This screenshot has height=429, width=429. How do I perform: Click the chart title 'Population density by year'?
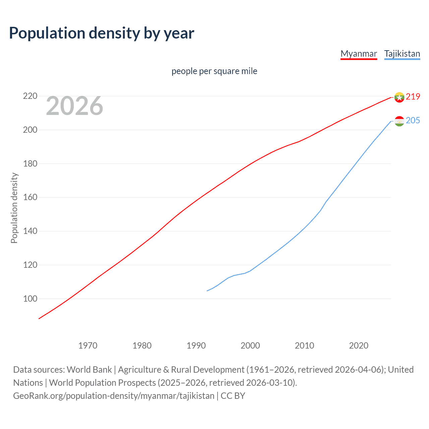click(x=102, y=33)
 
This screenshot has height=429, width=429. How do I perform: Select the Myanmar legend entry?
click(x=359, y=54)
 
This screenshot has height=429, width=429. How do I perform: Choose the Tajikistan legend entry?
click(x=402, y=54)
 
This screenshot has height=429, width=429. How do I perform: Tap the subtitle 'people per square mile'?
click(x=214, y=71)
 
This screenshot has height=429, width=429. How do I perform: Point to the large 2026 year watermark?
click(x=74, y=106)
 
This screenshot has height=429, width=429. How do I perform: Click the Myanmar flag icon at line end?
click(x=399, y=97)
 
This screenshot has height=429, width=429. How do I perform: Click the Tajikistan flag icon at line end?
click(x=399, y=121)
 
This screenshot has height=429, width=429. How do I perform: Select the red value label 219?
click(x=413, y=97)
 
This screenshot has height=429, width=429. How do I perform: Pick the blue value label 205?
click(x=413, y=120)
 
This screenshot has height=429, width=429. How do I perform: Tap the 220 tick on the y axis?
click(x=30, y=96)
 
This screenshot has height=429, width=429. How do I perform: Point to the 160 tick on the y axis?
click(x=30, y=197)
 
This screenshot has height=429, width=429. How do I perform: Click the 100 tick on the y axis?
click(x=30, y=298)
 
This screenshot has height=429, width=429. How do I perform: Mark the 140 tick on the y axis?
click(x=30, y=231)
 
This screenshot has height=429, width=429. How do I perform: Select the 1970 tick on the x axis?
click(x=88, y=346)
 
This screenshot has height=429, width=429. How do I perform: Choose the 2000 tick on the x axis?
click(x=250, y=346)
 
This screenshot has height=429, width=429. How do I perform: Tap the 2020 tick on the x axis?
click(x=359, y=346)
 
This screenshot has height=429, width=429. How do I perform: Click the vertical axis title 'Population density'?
click(x=14, y=208)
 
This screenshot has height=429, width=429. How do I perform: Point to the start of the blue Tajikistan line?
click(x=207, y=291)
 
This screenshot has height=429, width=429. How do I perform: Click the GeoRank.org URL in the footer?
click(x=114, y=396)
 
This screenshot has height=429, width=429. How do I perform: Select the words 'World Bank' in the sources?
click(x=89, y=370)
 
